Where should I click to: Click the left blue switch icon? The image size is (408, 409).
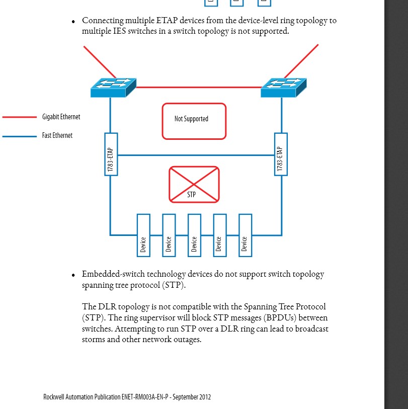pos(114,88)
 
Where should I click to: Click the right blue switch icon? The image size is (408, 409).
pos(284,88)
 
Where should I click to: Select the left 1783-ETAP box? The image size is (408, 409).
pos(111,154)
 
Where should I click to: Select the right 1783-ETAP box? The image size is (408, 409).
pos(281,154)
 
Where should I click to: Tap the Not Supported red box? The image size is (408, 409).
pos(194,121)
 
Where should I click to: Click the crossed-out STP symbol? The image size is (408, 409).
pos(194,185)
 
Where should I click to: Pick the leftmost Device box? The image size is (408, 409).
pos(143,235)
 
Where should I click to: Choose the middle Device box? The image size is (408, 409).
pos(194,235)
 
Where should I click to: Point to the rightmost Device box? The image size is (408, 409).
pos(245,235)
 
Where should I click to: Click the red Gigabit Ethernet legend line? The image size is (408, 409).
pos(20,117)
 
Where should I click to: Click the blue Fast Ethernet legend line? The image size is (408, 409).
pos(20,136)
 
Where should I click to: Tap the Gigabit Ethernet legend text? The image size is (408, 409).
pos(61,117)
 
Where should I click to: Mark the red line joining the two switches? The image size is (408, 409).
pos(199,88)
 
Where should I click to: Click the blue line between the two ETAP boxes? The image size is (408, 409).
pos(196,155)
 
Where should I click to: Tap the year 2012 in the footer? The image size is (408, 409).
pos(205,397)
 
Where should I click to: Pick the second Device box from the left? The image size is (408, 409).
pos(169,235)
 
